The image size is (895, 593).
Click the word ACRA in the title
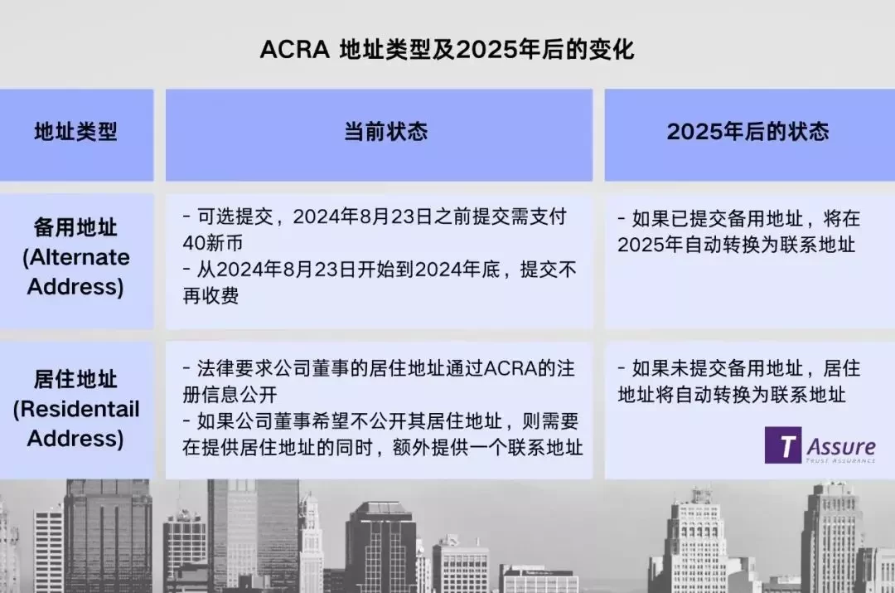pyautogui.click(x=294, y=50)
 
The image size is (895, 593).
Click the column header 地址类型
pyautogui.click(x=76, y=132)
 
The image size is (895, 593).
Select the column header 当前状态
pyautogui.click(x=386, y=132)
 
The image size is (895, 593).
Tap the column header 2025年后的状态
pyautogui.click(x=747, y=132)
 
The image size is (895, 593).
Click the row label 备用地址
pyautogui.click(x=75, y=226)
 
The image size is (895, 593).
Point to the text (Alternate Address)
pyautogui.click(x=76, y=272)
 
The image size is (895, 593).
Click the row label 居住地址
pyautogui.click(x=75, y=379)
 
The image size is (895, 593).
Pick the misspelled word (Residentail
pyautogui.click(x=76, y=409)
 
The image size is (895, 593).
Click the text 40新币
pyautogui.click(x=212, y=243)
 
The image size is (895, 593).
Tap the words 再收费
pyautogui.click(x=210, y=295)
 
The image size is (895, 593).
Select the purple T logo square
pyautogui.click(x=782, y=445)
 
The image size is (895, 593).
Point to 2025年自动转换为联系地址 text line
pyautogui.click(x=737, y=245)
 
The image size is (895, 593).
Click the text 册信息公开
pyautogui.click(x=230, y=394)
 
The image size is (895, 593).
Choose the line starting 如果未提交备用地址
pyautogui.click(x=739, y=368)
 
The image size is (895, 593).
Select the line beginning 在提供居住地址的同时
pyautogui.click(x=382, y=447)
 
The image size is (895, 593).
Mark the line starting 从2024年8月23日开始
pyautogui.click(x=380, y=269)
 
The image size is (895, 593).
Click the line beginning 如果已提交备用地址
pyautogui.click(x=739, y=218)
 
